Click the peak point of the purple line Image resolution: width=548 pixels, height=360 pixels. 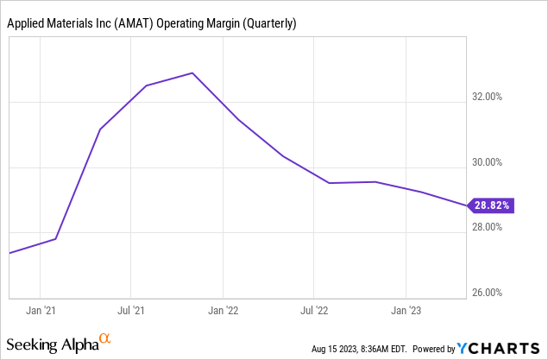[192, 73]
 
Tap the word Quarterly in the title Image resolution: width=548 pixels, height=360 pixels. [269, 24]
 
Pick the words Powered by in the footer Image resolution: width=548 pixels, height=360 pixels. [435, 349]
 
